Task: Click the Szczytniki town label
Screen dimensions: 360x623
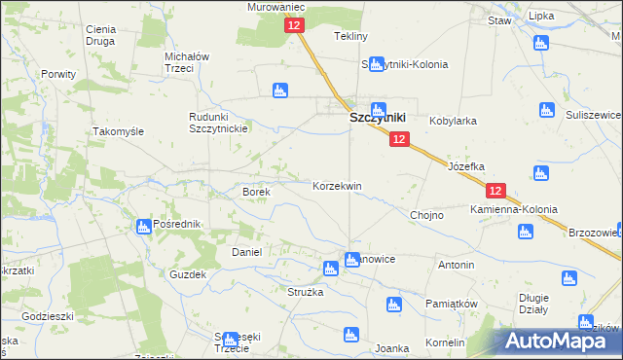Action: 378,118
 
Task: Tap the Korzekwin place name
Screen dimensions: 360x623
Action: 337,186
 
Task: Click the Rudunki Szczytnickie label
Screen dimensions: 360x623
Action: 219,122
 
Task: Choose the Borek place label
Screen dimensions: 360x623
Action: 256,193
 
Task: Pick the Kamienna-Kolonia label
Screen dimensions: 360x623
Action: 513,210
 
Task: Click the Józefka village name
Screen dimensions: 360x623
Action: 465,166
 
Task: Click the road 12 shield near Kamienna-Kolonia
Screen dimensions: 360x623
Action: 496,192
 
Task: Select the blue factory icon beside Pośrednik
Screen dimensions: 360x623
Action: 142,226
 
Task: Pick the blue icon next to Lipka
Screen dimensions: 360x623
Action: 541,43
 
